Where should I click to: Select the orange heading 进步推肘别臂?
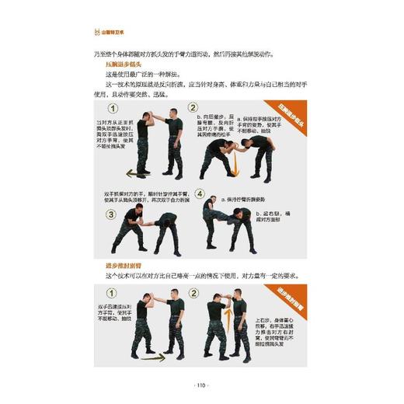[126, 266]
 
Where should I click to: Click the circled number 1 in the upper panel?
[113, 109]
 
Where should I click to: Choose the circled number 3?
[112, 214]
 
